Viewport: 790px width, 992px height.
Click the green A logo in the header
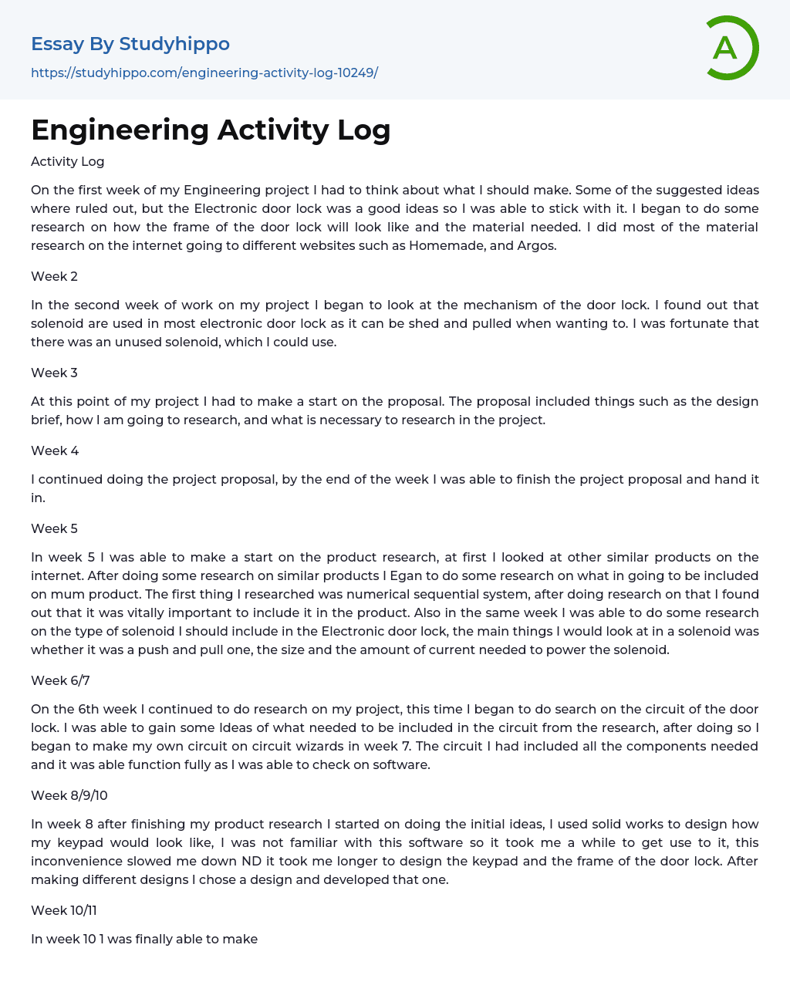tap(731, 48)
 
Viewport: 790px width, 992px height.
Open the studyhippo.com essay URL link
tap(204, 73)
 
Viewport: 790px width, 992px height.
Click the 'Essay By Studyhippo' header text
tap(130, 44)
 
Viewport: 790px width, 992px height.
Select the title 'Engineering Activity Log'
tap(211, 130)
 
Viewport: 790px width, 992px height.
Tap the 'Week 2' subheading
tap(54, 276)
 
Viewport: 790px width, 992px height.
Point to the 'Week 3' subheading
tap(54, 373)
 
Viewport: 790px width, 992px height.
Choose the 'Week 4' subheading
tap(55, 450)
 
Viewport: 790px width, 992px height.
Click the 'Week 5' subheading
tap(54, 528)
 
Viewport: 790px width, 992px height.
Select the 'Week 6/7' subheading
tap(60, 680)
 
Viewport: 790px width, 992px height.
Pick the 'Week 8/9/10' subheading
tap(69, 795)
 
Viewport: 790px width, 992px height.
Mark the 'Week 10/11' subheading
tap(64, 910)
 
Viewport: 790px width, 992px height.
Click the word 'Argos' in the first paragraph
tap(536, 245)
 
